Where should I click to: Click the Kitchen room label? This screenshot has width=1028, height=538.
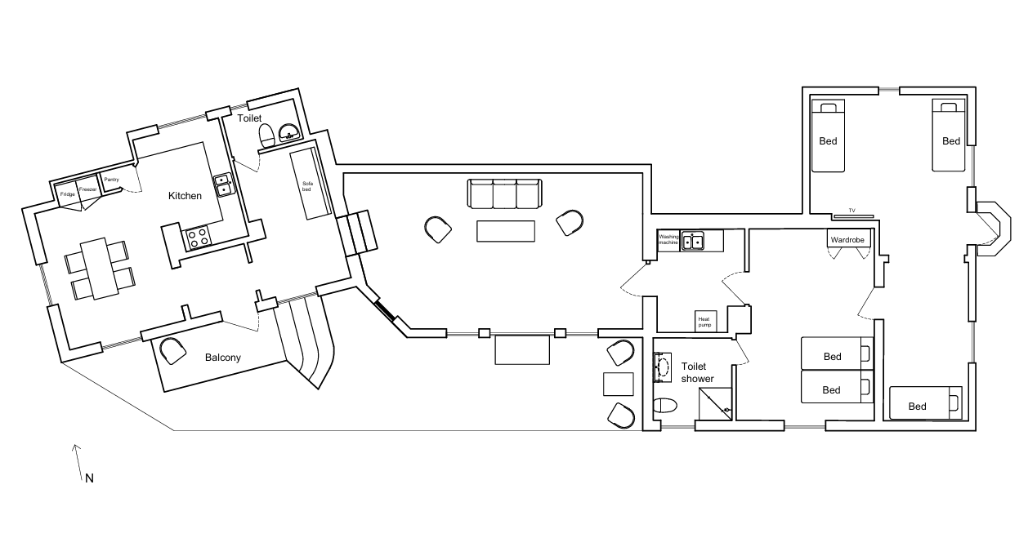[x=185, y=196]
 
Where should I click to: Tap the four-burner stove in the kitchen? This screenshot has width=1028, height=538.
[x=198, y=238]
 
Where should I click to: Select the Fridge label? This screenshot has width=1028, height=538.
[x=68, y=194]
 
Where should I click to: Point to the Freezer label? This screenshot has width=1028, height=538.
[x=87, y=189]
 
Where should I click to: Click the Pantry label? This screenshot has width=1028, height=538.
[x=111, y=180]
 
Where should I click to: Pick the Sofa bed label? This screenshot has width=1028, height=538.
[x=307, y=186]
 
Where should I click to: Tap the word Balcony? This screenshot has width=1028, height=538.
[x=223, y=358]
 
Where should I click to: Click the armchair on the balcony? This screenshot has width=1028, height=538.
[x=172, y=351]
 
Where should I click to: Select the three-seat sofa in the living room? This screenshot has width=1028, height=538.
[x=504, y=194]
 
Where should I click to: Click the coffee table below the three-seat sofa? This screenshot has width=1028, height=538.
[x=506, y=231]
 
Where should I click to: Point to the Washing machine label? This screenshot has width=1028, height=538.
[x=668, y=239]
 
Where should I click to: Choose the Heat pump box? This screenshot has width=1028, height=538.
[x=705, y=322]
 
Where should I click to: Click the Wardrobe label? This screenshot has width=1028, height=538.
[x=847, y=240]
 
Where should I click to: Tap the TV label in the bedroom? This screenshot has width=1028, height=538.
[x=851, y=211]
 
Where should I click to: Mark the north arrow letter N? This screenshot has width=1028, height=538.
[x=90, y=478]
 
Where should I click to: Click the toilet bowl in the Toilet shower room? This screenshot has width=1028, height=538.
[x=665, y=406]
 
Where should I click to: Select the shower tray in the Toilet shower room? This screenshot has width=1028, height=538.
[x=715, y=403]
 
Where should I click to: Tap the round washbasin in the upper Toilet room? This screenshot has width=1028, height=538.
[x=289, y=131]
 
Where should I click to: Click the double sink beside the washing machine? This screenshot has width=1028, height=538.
[x=692, y=241]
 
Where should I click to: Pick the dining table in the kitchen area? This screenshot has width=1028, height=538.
[x=100, y=269]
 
